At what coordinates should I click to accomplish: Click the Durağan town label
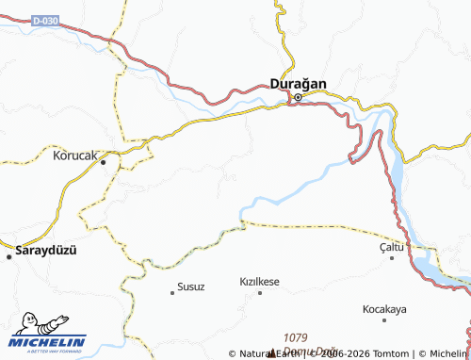299,84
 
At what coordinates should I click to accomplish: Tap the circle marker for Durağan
299,97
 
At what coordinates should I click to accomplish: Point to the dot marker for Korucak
104,161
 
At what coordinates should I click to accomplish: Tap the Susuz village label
190,284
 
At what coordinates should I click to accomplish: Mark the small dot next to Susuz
171,292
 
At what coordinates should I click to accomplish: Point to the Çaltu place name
384,247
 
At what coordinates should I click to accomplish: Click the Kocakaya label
384,309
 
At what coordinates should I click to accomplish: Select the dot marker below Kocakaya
385,319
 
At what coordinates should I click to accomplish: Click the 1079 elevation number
296,336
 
